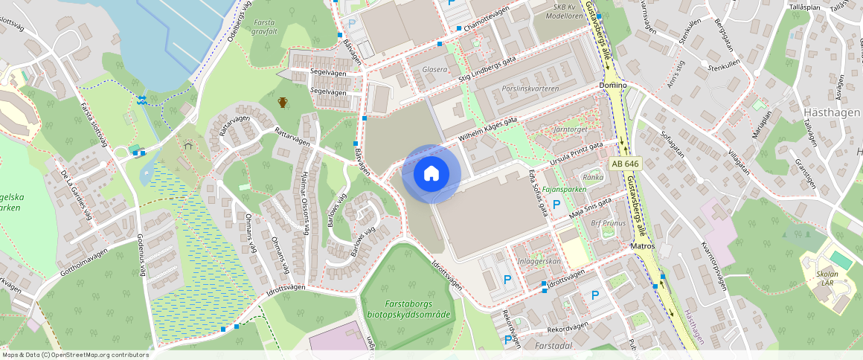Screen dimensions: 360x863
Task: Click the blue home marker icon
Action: [x=431, y=174]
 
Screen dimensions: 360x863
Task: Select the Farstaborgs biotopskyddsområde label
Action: [x=408, y=309]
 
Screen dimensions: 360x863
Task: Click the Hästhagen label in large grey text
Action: [x=832, y=112]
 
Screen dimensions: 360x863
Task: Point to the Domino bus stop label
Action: [x=612, y=86]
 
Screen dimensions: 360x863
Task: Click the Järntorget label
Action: [x=571, y=129]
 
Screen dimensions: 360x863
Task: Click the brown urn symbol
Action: [x=283, y=102]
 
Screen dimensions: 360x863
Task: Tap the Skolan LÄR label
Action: [x=822, y=278]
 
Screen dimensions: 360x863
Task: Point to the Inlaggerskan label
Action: [x=539, y=261]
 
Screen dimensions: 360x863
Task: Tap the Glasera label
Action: [x=434, y=69]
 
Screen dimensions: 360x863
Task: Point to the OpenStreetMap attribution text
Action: [x=74, y=355]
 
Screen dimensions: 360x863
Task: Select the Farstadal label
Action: [x=553, y=346]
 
